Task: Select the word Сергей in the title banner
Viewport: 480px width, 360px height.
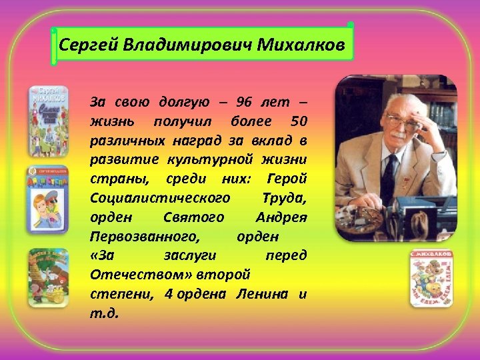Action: pos(81,45)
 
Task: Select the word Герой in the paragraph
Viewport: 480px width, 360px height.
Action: pos(286,179)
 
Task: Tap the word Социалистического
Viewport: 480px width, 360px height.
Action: pos(161,199)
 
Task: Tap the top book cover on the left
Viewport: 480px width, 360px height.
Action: pos(47,120)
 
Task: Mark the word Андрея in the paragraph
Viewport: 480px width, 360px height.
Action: pos(281,217)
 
